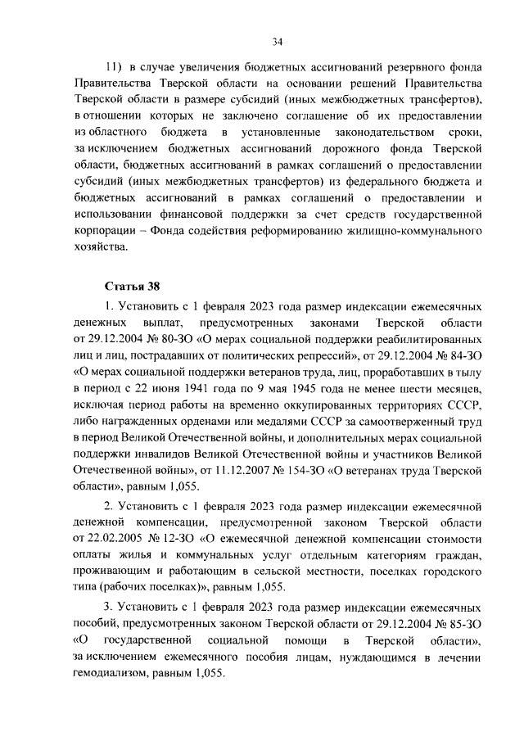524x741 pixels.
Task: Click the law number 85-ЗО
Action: click(x=462, y=621)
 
